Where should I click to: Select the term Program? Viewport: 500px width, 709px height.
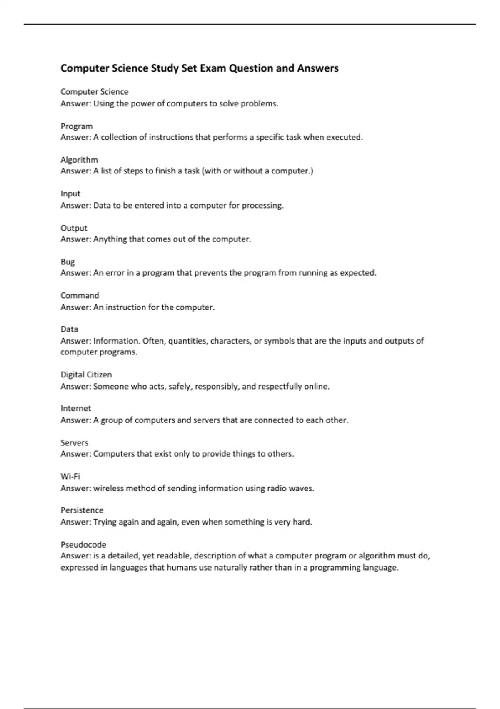[77, 126]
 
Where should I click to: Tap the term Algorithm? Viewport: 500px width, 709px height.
[79, 160]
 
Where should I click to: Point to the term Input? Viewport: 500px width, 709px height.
[70, 194]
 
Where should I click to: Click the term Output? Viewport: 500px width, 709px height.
[74, 228]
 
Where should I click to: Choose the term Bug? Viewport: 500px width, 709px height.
[67, 262]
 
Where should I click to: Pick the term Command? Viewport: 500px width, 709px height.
[80, 295]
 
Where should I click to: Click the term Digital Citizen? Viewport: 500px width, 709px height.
[86, 375]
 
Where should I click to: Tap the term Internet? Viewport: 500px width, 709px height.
[75, 408]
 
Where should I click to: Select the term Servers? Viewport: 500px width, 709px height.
[74, 442]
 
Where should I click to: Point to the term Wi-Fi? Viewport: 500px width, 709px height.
[70, 476]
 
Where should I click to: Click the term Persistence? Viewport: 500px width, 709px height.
[82, 510]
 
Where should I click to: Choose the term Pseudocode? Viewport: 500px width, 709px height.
[83, 545]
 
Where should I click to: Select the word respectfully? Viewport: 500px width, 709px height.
[280, 387]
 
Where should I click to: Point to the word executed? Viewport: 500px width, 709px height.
[344, 137]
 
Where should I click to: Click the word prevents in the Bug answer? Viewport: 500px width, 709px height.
[211, 273]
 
